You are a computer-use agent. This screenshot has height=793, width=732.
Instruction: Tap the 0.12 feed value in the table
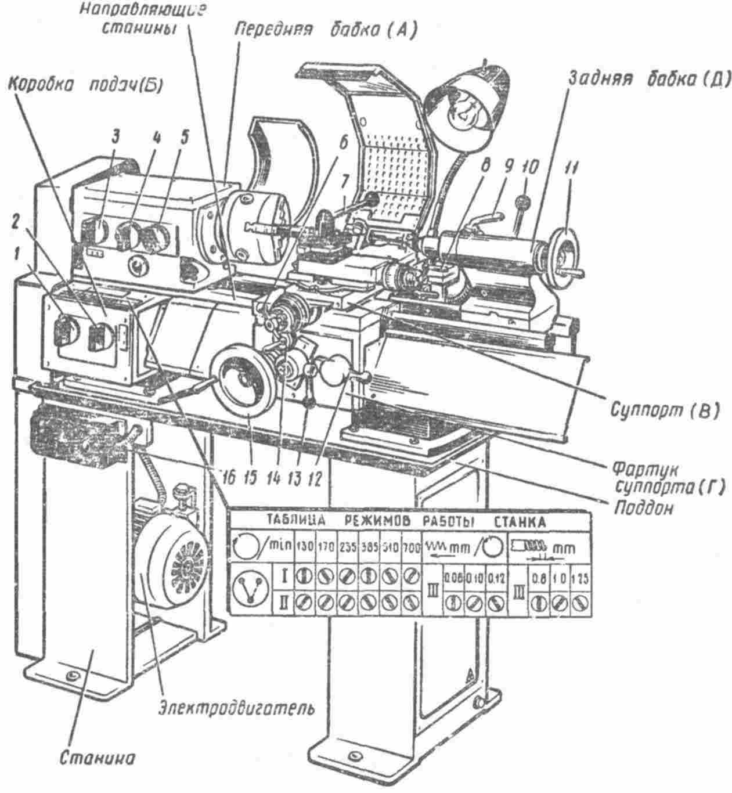(x=494, y=578)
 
